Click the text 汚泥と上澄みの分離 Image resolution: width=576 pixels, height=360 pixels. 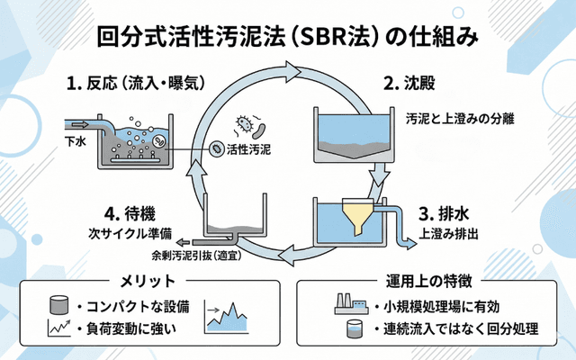click(460, 119)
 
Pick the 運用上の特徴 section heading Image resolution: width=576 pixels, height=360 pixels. click(427, 277)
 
